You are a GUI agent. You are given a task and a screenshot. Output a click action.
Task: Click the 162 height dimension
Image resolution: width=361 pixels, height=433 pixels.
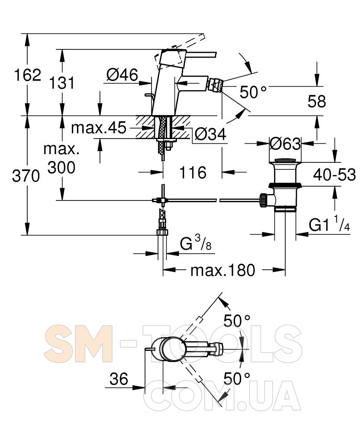point(28,75)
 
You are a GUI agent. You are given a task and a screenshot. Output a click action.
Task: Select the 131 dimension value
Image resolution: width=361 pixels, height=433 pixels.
point(62,83)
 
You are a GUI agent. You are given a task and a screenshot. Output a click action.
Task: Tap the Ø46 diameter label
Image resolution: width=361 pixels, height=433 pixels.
point(122,74)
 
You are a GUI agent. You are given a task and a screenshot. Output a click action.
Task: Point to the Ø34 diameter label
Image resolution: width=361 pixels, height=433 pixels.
point(210,135)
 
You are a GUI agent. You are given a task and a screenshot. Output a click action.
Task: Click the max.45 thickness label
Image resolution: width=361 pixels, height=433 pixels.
point(99,128)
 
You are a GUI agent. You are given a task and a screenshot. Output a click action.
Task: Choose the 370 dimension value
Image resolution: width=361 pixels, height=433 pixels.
point(26,176)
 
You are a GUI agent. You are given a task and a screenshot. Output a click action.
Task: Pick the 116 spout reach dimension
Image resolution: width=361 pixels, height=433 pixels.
point(193,173)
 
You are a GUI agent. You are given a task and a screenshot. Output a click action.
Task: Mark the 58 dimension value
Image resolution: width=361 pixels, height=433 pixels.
point(317,101)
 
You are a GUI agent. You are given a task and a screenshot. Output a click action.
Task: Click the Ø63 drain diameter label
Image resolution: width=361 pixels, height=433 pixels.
point(285,144)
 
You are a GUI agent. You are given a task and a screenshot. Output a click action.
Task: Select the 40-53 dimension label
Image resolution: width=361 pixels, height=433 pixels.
point(335,175)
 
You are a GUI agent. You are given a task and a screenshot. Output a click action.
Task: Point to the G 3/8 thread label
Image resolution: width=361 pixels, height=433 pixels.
point(196,243)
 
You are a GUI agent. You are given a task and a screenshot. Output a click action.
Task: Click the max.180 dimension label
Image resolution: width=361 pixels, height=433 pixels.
point(223,270)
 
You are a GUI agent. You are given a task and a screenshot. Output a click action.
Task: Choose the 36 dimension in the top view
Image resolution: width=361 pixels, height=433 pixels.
point(119,379)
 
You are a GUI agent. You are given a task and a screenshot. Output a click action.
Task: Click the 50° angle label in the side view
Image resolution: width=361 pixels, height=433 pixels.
point(253,92)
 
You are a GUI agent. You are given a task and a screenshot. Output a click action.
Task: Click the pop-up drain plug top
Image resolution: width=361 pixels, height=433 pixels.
point(285,161)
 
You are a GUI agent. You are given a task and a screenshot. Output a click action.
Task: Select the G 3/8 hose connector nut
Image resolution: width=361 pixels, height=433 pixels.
point(162,232)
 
